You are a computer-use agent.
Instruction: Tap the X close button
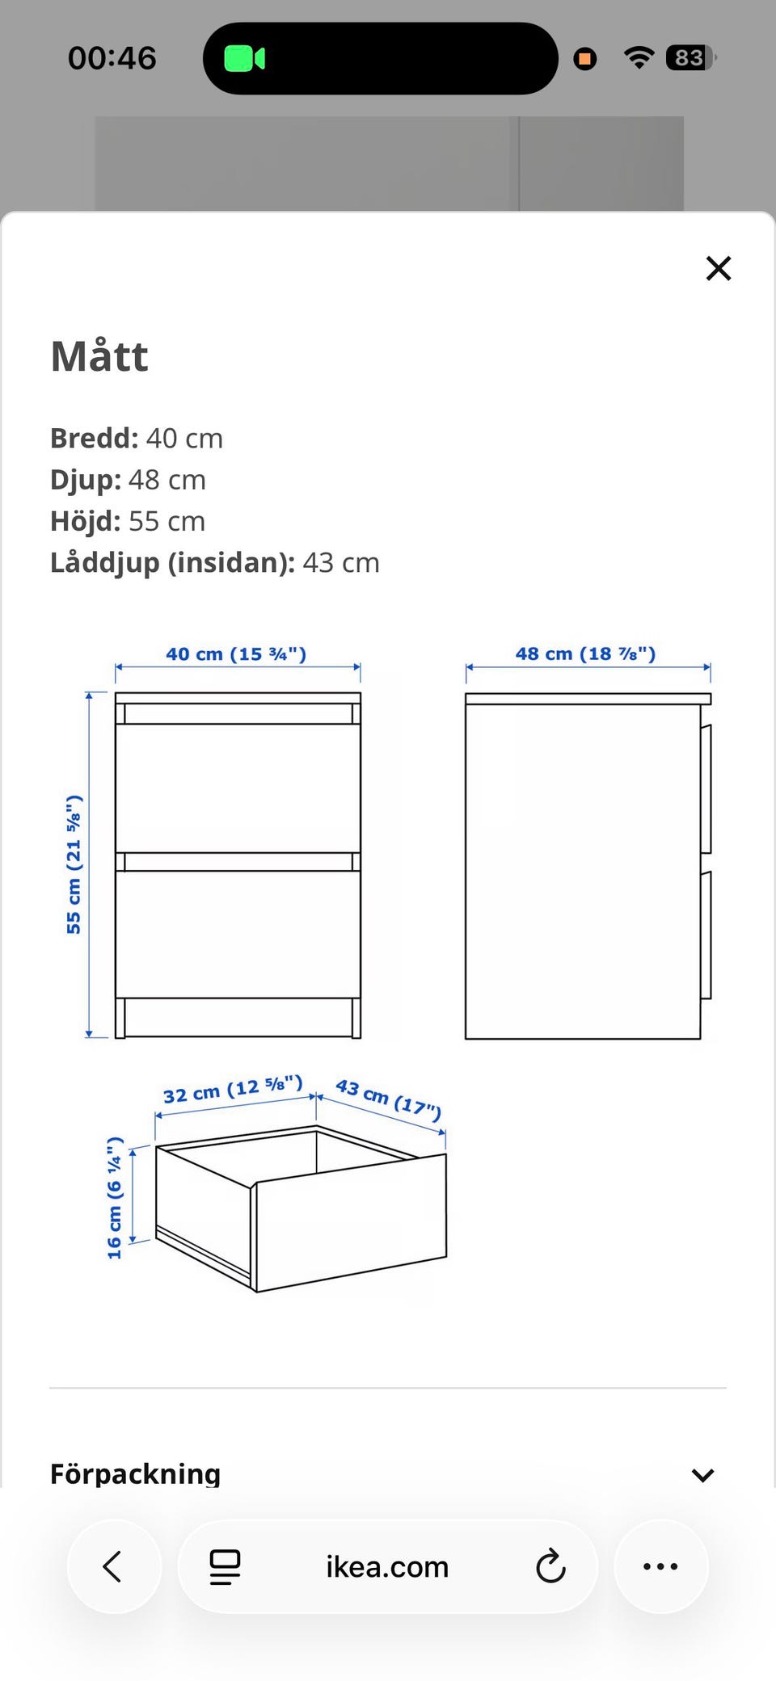pos(718,268)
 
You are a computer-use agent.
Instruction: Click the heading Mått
pos(99,356)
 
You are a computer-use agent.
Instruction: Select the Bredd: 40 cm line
pos(137,438)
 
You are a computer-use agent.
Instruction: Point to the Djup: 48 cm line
pos(128,480)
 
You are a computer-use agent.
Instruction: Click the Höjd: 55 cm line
pos(128,521)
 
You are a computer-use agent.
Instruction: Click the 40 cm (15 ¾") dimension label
pos(236,653)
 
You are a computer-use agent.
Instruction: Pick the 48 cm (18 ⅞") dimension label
pos(586,653)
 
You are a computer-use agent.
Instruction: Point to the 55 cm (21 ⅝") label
pos(74,864)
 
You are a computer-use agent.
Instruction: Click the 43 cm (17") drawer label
pos(389,1099)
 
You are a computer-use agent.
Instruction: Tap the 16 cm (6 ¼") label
pos(115,1198)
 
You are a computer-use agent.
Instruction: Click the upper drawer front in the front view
pos(238,788)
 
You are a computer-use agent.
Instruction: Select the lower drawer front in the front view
pos(238,935)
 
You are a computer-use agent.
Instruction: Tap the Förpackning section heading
pos(135,1474)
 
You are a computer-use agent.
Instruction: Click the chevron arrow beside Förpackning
pos(703,1475)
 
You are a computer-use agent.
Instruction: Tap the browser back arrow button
pos(114,1566)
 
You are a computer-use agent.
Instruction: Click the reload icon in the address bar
pos(550,1566)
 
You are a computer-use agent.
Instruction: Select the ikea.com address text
pos(387,1567)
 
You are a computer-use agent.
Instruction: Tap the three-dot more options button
pos(661,1566)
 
